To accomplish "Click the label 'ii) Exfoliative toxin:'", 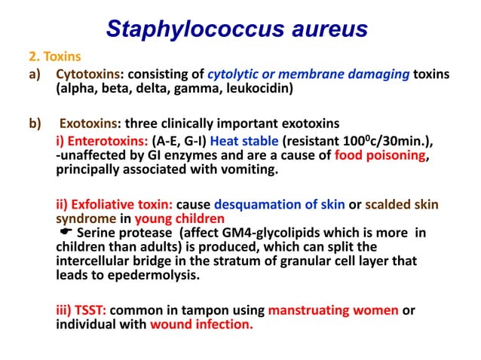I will pos(115,204).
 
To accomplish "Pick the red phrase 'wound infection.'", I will pos(201,325).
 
